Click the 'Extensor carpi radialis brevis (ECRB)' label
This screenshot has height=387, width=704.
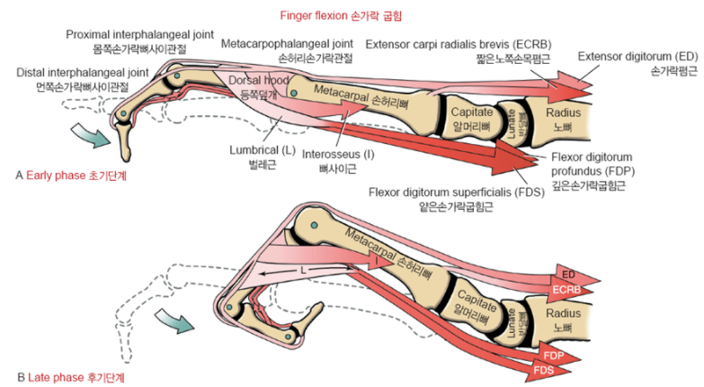458,44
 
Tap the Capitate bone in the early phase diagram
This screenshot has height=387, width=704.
470,117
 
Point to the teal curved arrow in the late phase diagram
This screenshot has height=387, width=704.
173,321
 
